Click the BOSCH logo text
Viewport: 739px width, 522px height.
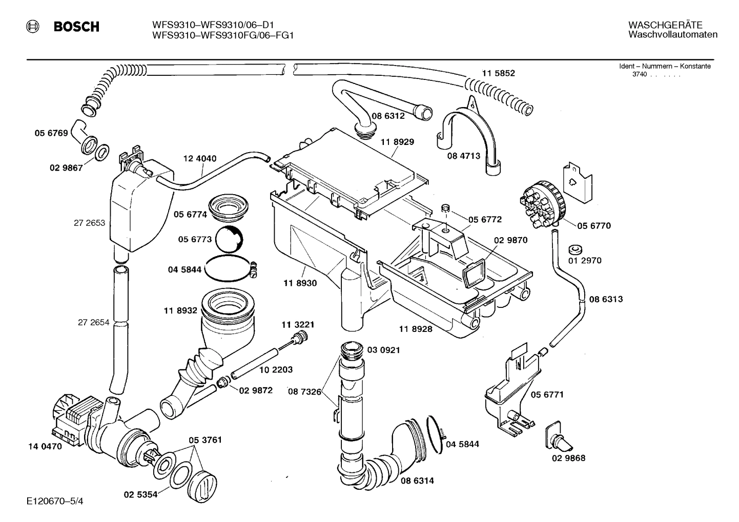pyautogui.click(x=76, y=27)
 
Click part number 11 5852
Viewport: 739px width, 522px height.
pyautogui.click(x=498, y=73)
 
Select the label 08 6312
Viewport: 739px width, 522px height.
pyautogui.click(x=388, y=116)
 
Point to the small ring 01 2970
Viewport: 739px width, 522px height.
pyautogui.click(x=574, y=250)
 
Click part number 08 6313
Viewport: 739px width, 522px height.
pyautogui.click(x=605, y=299)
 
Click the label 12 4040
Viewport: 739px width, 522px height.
pyautogui.click(x=200, y=158)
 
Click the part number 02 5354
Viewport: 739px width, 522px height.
pyautogui.click(x=140, y=495)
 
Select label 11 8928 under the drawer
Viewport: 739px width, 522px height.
pyautogui.click(x=415, y=329)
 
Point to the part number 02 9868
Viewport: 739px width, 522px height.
pyautogui.click(x=568, y=458)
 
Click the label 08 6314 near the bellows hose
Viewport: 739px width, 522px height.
pyautogui.click(x=417, y=481)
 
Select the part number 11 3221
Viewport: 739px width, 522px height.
pyautogui.click(x=298, y=325)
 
